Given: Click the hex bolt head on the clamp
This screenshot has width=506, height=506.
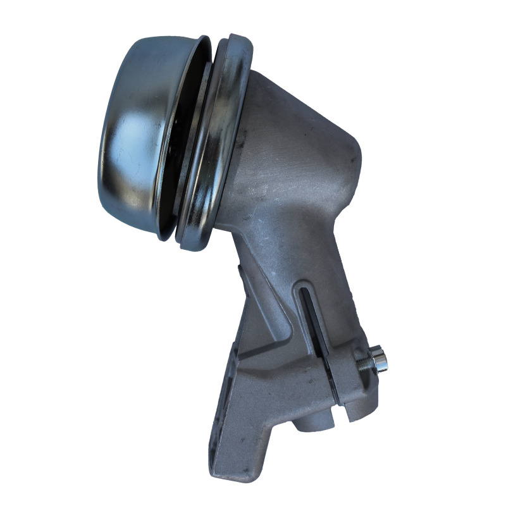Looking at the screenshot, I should point(380,361).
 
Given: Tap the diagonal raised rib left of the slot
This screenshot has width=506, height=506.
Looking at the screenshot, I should point(288,316).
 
